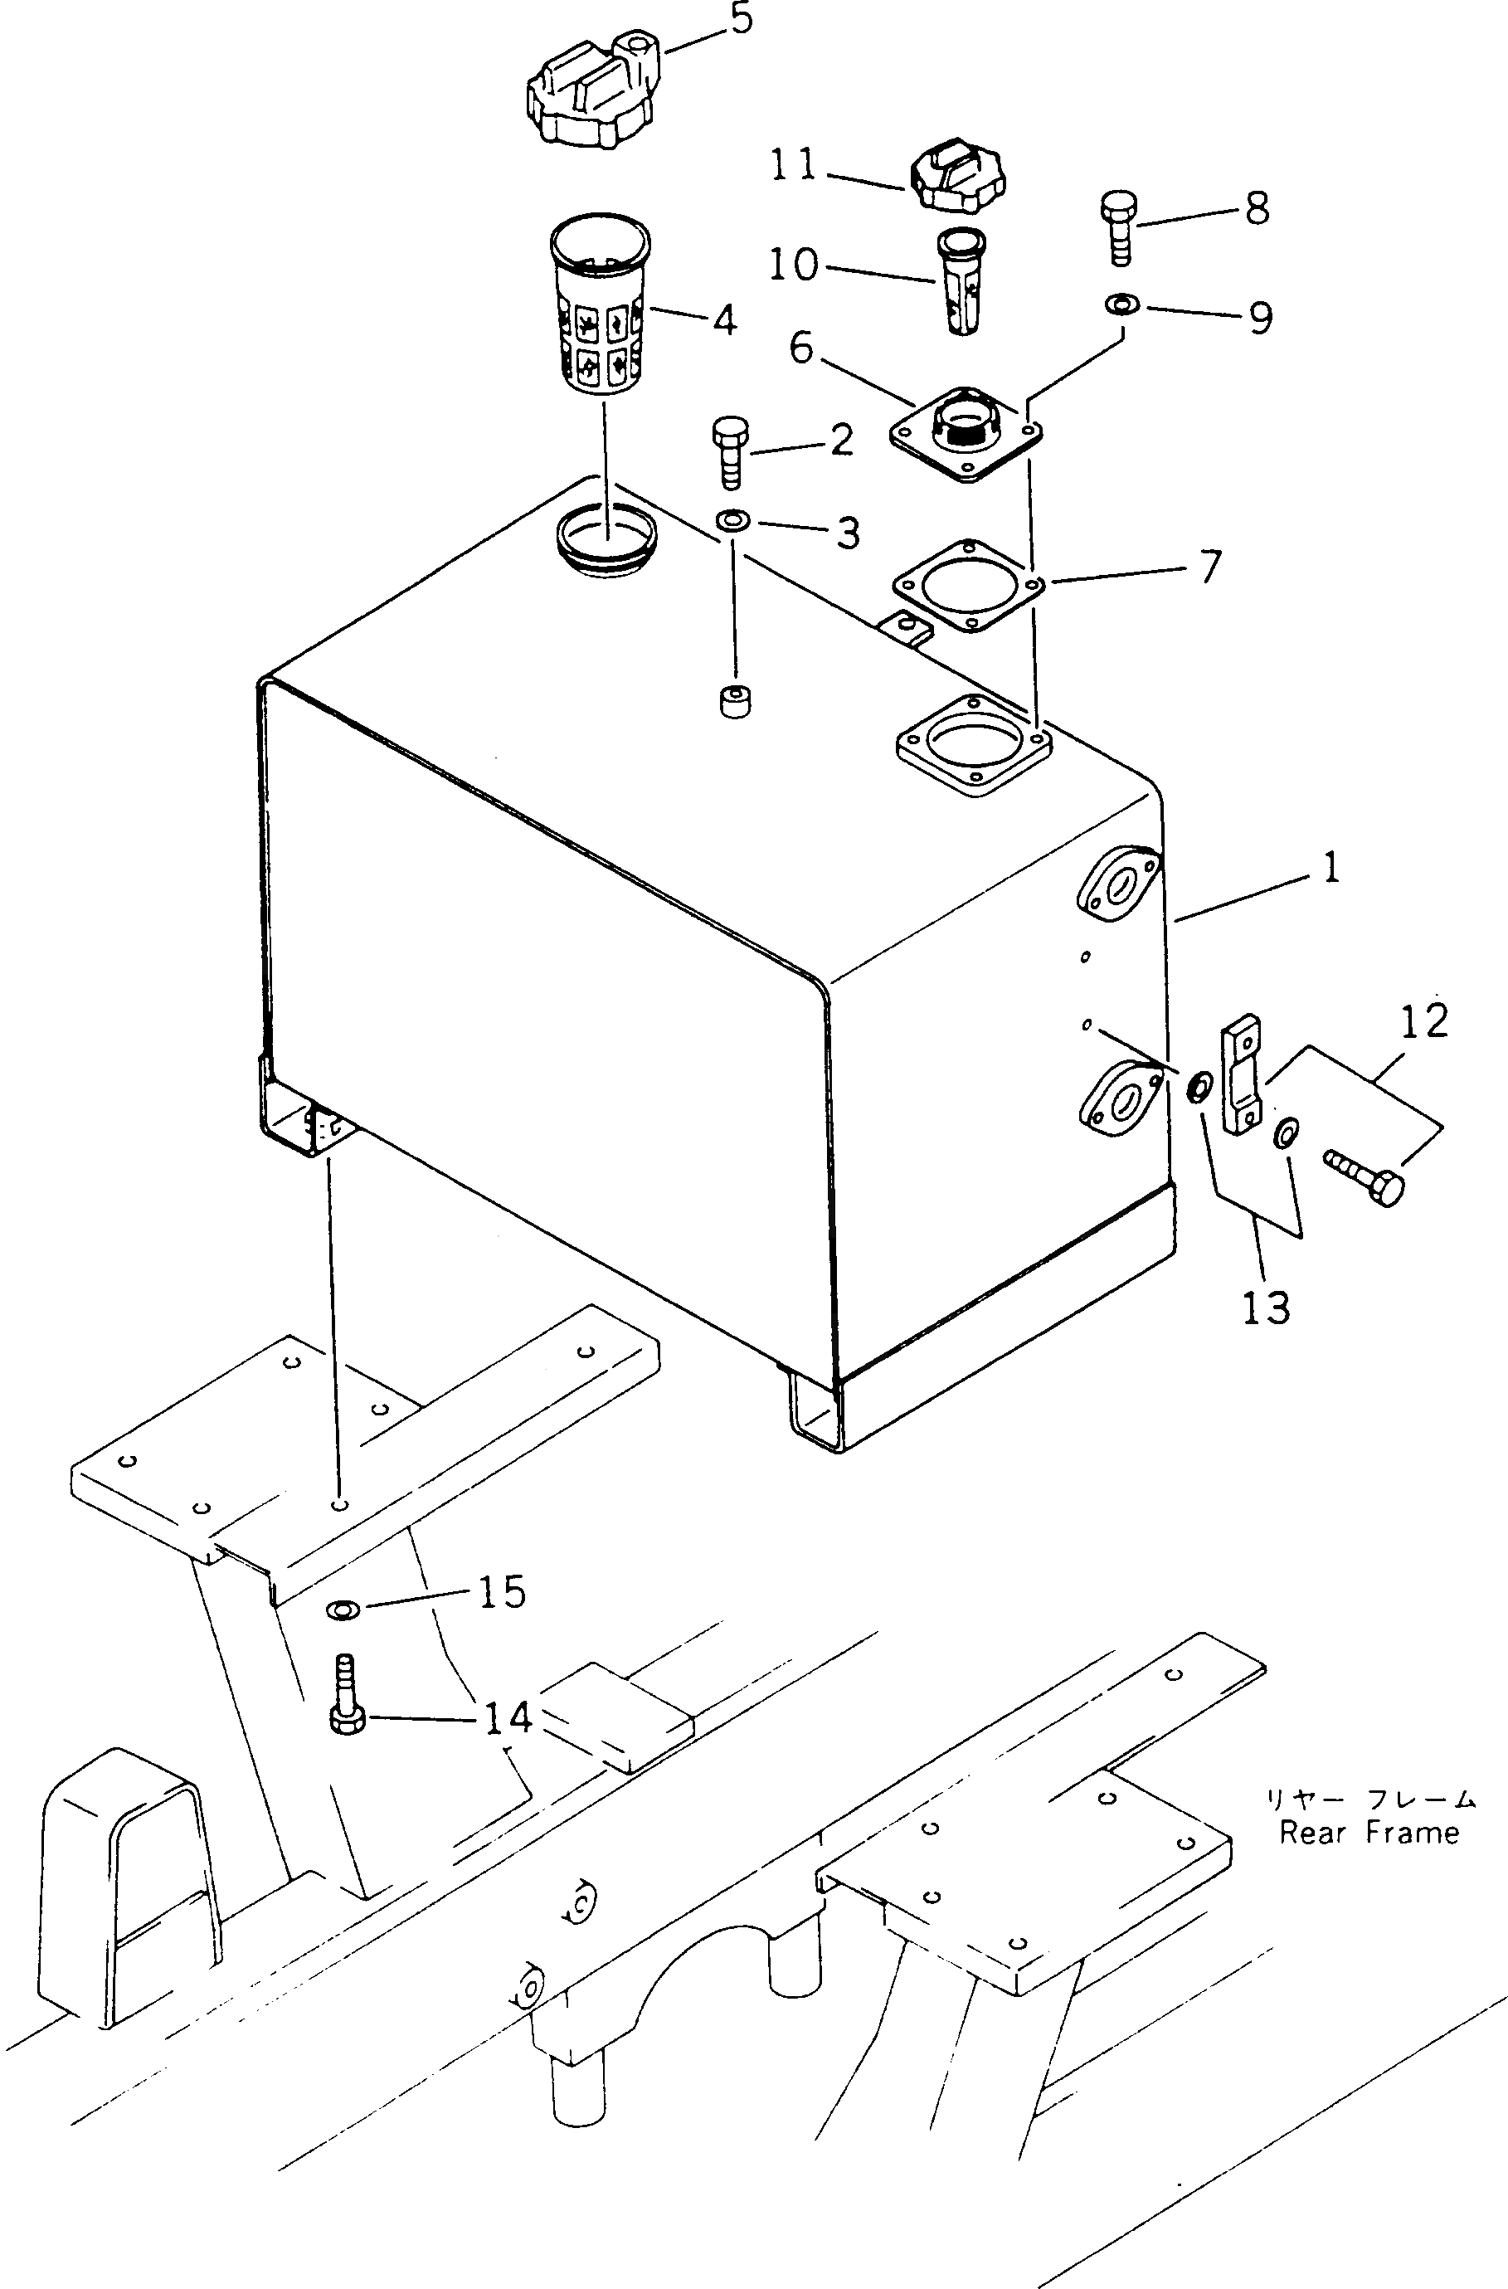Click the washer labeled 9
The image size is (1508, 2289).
pos(1121,304)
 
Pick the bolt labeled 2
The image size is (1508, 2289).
pos(728,452)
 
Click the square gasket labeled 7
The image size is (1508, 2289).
pos(970,586)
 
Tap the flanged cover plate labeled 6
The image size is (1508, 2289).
pos(966,435)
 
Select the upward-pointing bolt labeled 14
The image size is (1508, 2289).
pos(346,1692)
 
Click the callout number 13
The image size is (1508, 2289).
pos(1265,1308)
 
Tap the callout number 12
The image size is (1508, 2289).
pos(1423,1021)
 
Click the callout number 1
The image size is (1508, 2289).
pos(1331,869)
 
